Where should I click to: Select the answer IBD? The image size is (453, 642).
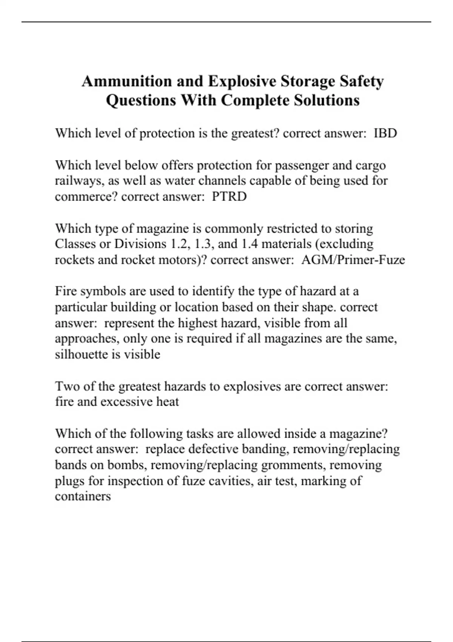[x=385, y=133]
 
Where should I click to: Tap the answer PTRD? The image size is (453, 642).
[x=229, y=197]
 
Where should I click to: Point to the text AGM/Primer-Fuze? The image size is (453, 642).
[x=353, y=260]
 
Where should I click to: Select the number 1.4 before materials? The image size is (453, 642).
[x=250, y=244]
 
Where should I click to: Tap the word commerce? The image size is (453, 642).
[x=86, y=197]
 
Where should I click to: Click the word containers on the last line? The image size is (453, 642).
[x=83, y=496]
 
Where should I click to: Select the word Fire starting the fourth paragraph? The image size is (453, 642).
[x=66, y=291]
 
